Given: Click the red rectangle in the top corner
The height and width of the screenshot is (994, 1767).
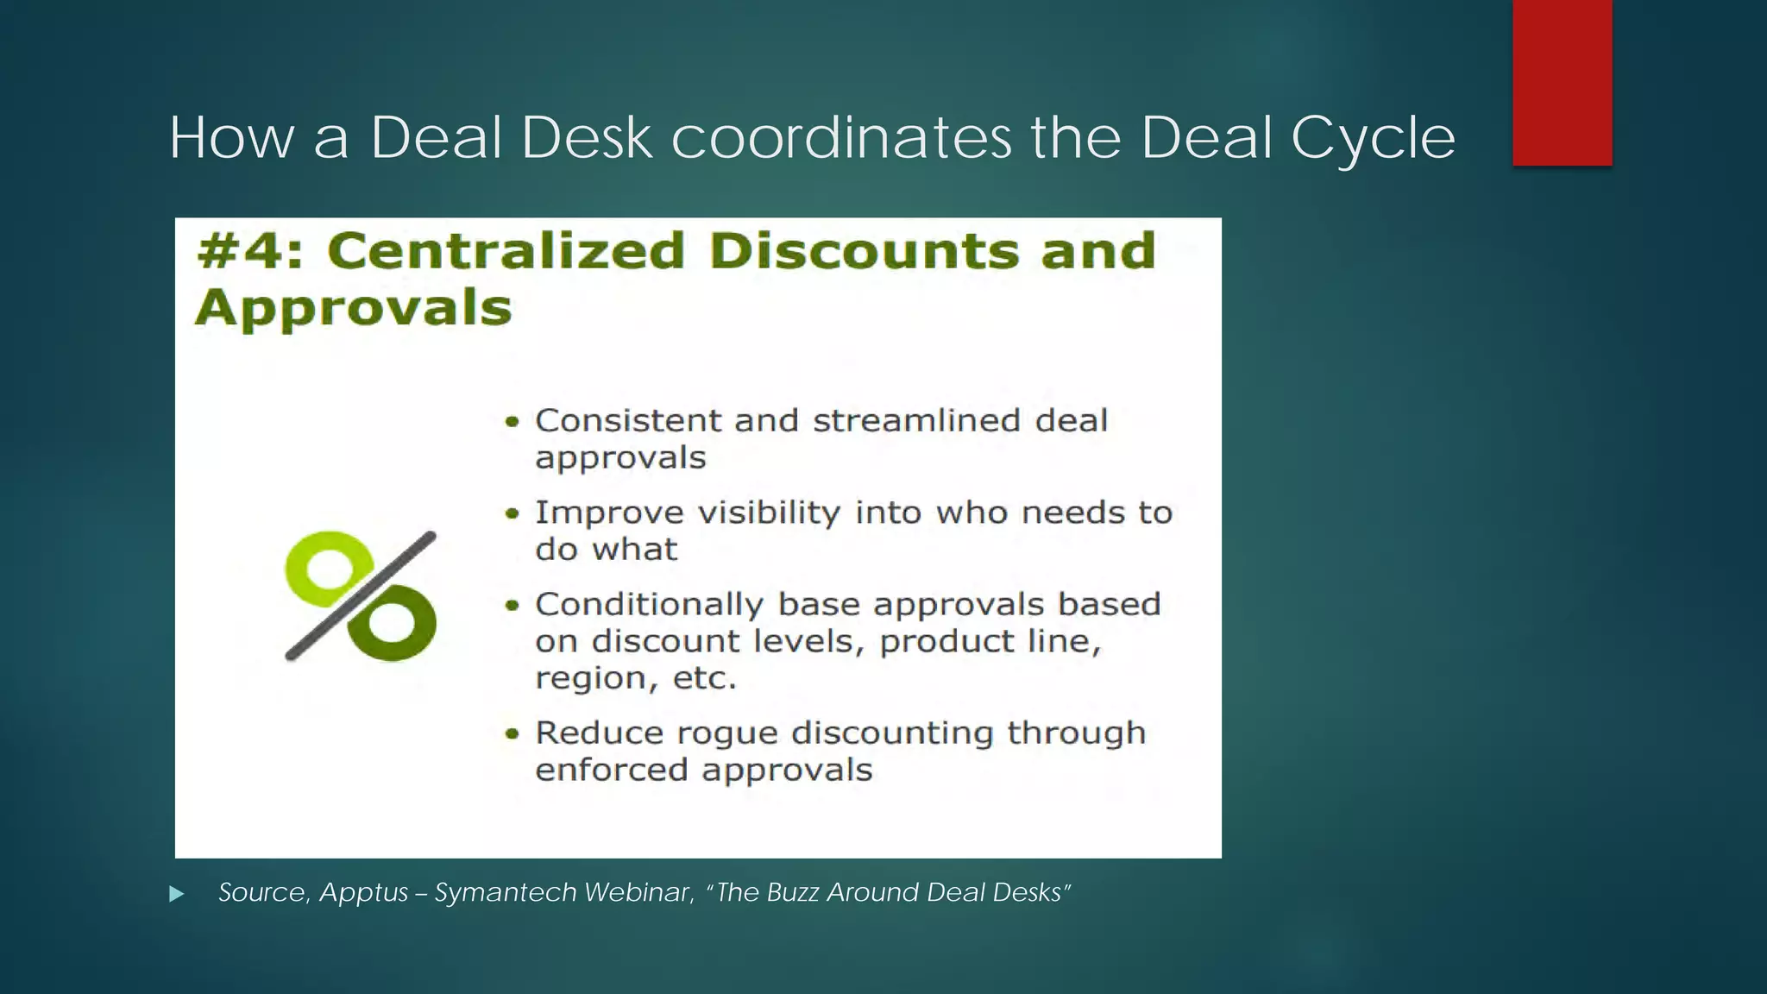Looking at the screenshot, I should point(1562,82).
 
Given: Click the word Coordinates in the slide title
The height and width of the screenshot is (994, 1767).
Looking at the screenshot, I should point(840,138).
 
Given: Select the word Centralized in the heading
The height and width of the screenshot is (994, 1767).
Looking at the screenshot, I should point(506,251).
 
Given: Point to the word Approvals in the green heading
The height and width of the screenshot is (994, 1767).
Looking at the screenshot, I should point(354,308).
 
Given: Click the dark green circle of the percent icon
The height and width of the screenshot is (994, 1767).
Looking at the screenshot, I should point(393,624).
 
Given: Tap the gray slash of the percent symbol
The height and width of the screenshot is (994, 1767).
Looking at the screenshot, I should point(361,595).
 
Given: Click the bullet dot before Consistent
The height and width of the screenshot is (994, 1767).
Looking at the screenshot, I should point(512,422).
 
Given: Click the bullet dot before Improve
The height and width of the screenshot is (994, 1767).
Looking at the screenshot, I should point(512,514).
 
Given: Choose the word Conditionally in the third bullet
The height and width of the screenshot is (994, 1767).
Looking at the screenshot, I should point(649,605).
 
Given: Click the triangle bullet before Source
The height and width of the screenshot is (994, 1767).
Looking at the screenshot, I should point(177,894).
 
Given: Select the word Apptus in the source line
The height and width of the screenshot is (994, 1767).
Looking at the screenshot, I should point(363,892).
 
